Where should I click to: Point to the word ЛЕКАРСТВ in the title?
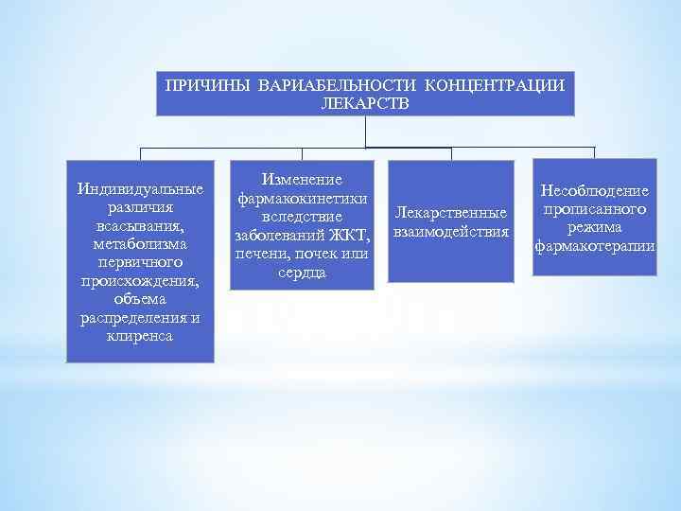click(x=366, y=101)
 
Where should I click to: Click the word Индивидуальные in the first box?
click(x=140, y=188)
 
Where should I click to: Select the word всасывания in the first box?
click(x=140, y=226)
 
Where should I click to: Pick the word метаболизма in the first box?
click(x=140, y=244)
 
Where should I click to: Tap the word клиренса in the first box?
click(x=140, y=335)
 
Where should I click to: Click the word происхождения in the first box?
click(x=140, y=280)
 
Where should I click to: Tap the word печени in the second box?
click(x=264, y=254)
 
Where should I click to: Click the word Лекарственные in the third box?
click(x=451, y=214)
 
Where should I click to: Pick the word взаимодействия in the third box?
click(x=451, y=232)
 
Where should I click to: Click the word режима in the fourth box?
click(x=594, y=228)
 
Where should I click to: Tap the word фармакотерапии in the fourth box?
click(x=594, y=247)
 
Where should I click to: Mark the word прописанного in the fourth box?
click(x=594, y=210)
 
